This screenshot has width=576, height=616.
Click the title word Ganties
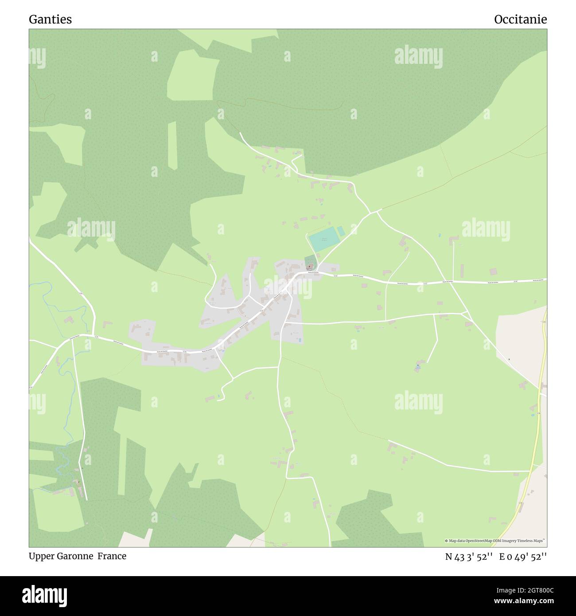[50, 19]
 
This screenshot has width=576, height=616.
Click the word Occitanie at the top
[520, 19]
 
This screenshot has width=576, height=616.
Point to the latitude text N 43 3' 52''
[469, 557]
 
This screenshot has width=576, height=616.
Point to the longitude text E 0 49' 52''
[523, 557]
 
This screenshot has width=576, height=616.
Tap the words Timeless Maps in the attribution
[533, 541]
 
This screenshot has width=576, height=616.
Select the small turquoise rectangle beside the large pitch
[341, 231]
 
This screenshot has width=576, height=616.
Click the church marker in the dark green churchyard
[309, 266]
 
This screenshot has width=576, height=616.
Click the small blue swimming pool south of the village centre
[300, 340]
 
